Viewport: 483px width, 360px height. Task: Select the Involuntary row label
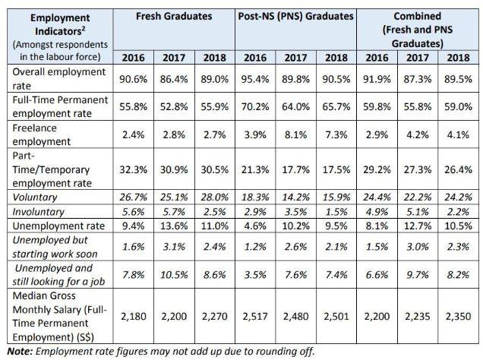click(32, 210)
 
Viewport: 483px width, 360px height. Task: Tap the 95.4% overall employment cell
click(257, 77)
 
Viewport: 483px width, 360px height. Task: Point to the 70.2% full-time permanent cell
click(257, 109)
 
